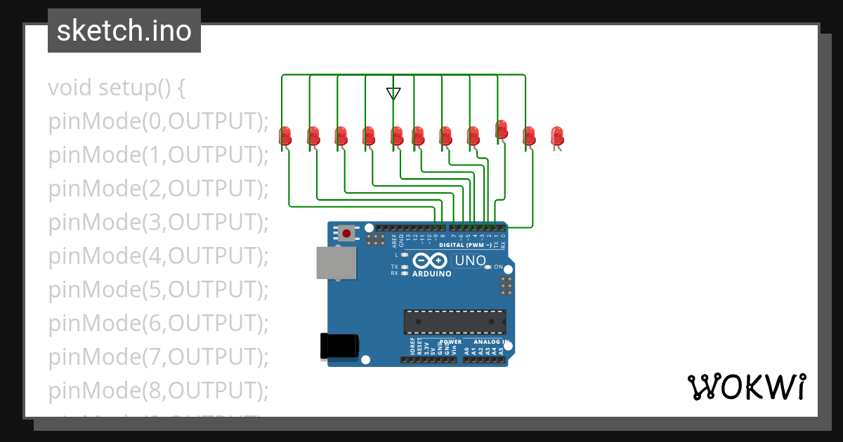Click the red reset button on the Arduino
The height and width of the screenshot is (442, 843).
click(x=346, y=233)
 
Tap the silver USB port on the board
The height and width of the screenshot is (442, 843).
click(x=335, y=263)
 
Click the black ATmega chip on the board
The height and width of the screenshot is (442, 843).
click(x=454, y=321)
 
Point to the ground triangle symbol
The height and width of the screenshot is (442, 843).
click(x=393, y=93)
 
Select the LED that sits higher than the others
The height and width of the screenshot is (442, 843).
click(x=501, y=129)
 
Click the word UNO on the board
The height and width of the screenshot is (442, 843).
click(x=470, y=261)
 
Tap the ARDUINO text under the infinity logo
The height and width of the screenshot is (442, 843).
click(x=432, y=274)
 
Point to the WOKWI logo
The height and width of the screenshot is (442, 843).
click(x=746, y=387)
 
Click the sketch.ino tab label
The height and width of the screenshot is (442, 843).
click(x=124, y=31)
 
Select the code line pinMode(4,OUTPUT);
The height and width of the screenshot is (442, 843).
click(x=159, y=256)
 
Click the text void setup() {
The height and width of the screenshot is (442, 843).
click(x=117, y=88)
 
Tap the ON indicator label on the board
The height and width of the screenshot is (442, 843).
click(x=498, y=267)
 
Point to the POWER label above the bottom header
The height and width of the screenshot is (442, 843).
click(x=450, y=342)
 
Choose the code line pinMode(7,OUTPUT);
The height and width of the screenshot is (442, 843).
click(x=159, y=357)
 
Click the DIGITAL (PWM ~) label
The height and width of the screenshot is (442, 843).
click(x=465, y=245)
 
